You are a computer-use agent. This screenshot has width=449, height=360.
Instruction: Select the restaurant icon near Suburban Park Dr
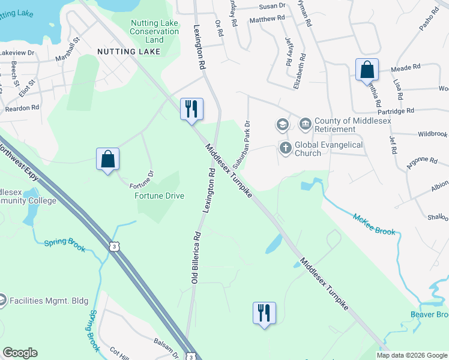click(x=192, y=110)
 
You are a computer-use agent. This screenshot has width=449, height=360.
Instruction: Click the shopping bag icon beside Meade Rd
click(x=367, y=70)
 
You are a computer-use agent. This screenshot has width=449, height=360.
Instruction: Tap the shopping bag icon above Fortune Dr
click(x=108, y=160)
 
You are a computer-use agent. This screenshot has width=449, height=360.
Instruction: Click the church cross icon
click(x=285, y=146)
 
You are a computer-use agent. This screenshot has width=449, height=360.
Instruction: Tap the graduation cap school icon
click(x=282, y=125)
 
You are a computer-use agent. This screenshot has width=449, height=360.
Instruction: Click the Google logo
click(x=20, y=353)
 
